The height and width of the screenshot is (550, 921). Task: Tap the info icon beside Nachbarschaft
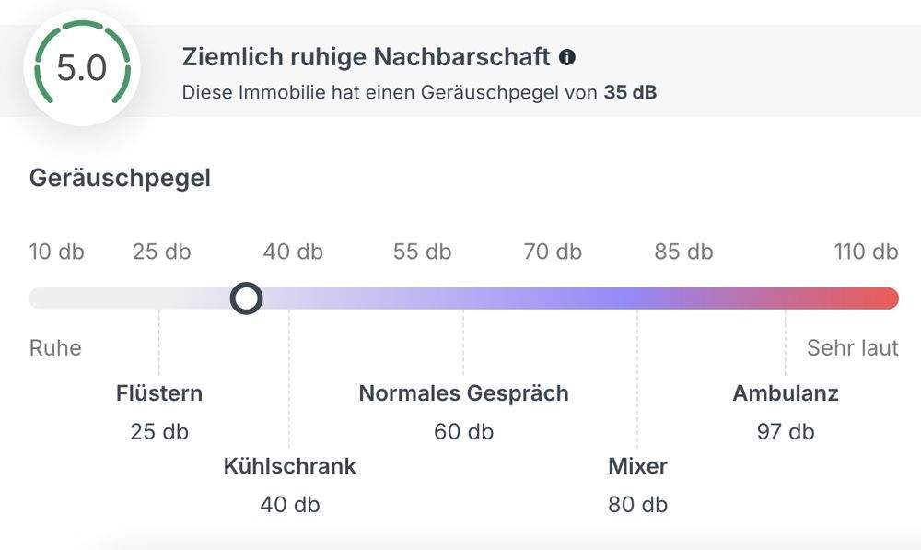pyautogui.click(x=567, y=57)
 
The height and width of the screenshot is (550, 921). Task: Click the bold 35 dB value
pyautogui.click(x=630, y=92)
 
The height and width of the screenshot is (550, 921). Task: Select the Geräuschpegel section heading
pyautogui.click(x=120, y=178)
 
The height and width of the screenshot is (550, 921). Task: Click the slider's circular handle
pyautogui.click(x=246, y=298)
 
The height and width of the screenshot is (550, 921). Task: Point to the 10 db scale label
pyautogui.click(x=56, y=252)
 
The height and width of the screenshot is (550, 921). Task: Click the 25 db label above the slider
pyautogui.click(x=161, y=252)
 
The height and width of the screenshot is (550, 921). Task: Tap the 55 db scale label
pyautogui.click(x=422, y=252)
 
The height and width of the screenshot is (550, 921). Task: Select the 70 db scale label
pyautogui.click(x=553, y=252)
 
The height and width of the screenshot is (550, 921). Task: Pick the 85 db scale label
pyautogui.click(x=683, y=252)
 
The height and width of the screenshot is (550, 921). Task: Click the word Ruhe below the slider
pyautogui.click(x=55, y=348)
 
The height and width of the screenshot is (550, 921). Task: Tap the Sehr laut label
pyautogui.click(x=853, y=348)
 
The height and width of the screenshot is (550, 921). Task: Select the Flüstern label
pyautogui.click(x=159, y=393)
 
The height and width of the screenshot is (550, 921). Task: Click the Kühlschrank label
pyautogui.click(x=289, y=466)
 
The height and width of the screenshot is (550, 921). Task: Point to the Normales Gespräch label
pyautogui.click(x=463, y=393)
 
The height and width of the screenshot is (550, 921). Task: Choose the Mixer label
pyautogui.click(x=637, y=466)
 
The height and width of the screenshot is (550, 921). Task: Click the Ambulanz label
pyautogui.click(x=786, y=393)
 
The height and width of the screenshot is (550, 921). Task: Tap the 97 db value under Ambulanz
pyautogui.click(x=786, y=431)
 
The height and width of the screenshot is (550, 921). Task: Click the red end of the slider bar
pyautogui.click(x=884, y=298)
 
